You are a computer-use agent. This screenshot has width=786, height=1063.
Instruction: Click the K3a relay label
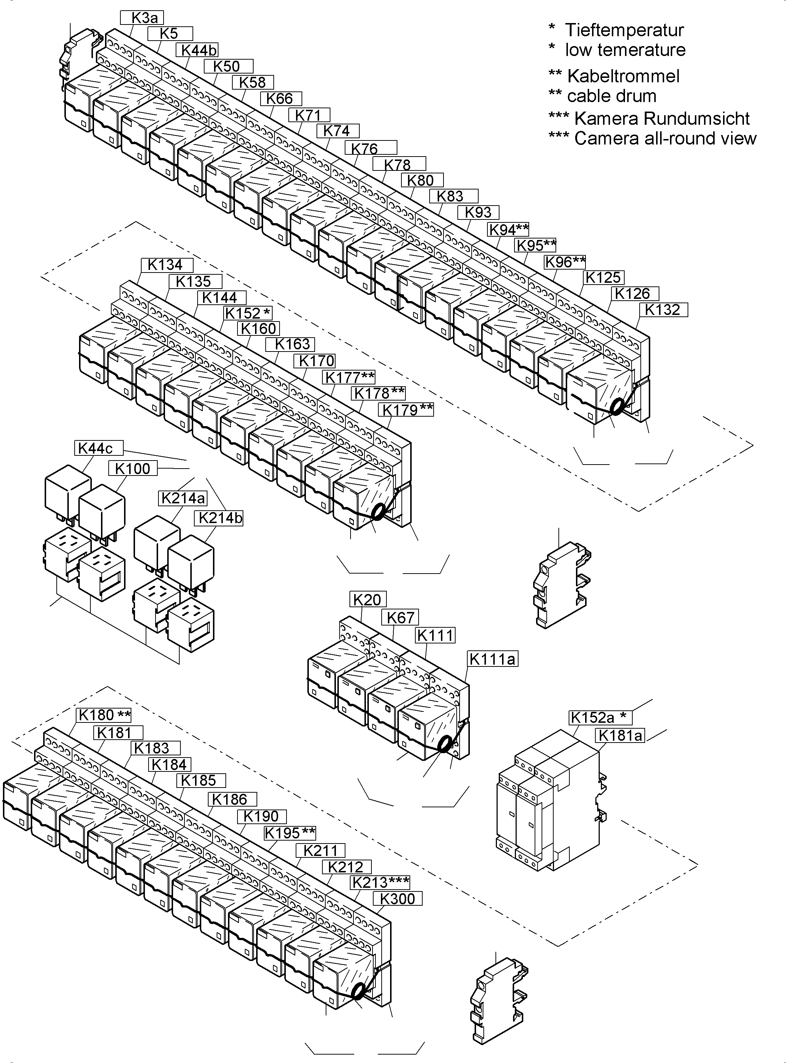(x=142, y=18)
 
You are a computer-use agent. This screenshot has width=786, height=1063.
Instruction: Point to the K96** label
(x=565, y=262)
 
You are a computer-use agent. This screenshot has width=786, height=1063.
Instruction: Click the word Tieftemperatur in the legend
(x=624, y=30)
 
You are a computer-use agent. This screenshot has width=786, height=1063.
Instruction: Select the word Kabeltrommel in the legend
(x=623, y=76)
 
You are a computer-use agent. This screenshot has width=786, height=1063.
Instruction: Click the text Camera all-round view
(x=665, y=138)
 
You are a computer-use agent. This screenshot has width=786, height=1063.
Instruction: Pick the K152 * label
(x=248, y=313)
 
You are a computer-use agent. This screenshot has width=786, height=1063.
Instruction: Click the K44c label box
(x=98, y=448)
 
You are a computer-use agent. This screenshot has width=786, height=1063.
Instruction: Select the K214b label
(x=219, y=518)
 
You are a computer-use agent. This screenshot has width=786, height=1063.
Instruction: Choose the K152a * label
(x=600, y=717)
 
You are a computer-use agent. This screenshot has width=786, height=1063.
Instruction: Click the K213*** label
(x=380, y=882)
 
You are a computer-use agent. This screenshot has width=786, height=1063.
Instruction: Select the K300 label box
(x=398, y=898)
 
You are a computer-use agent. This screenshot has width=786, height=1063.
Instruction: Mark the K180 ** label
(x=104, y=715)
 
